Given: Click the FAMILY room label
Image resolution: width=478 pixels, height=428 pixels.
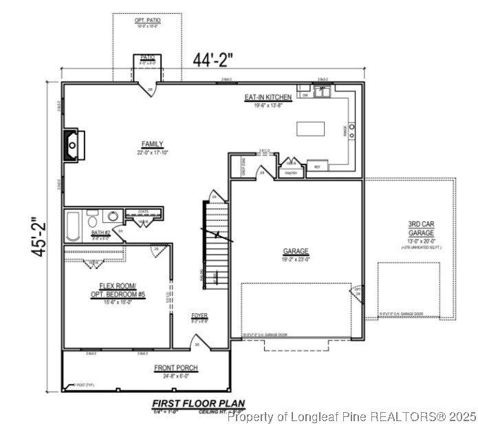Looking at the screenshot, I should [x=152, y=144].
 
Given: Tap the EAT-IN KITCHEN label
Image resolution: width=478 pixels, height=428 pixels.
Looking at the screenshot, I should [x=268, y=98].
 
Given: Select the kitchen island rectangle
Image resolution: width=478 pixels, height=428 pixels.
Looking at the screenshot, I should [x=311, y=129].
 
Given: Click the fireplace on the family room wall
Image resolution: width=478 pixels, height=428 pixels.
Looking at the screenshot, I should [x=73, y=144].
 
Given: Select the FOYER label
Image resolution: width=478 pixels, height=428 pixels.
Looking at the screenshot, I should [x=199, y=316].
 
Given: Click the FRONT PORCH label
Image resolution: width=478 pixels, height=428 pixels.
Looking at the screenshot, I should [x=176, y=368].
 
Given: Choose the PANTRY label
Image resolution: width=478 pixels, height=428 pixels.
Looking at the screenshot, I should [x=292, y=173].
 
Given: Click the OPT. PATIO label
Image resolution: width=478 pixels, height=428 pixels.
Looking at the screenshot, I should [x=147, y=21].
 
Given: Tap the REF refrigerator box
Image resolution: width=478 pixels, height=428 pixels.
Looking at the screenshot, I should [x=317, y=167].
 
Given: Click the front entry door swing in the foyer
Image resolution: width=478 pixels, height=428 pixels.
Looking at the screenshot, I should [x=197, y=341].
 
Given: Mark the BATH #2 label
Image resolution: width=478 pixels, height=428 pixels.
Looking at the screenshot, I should [x=100, y=233].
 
